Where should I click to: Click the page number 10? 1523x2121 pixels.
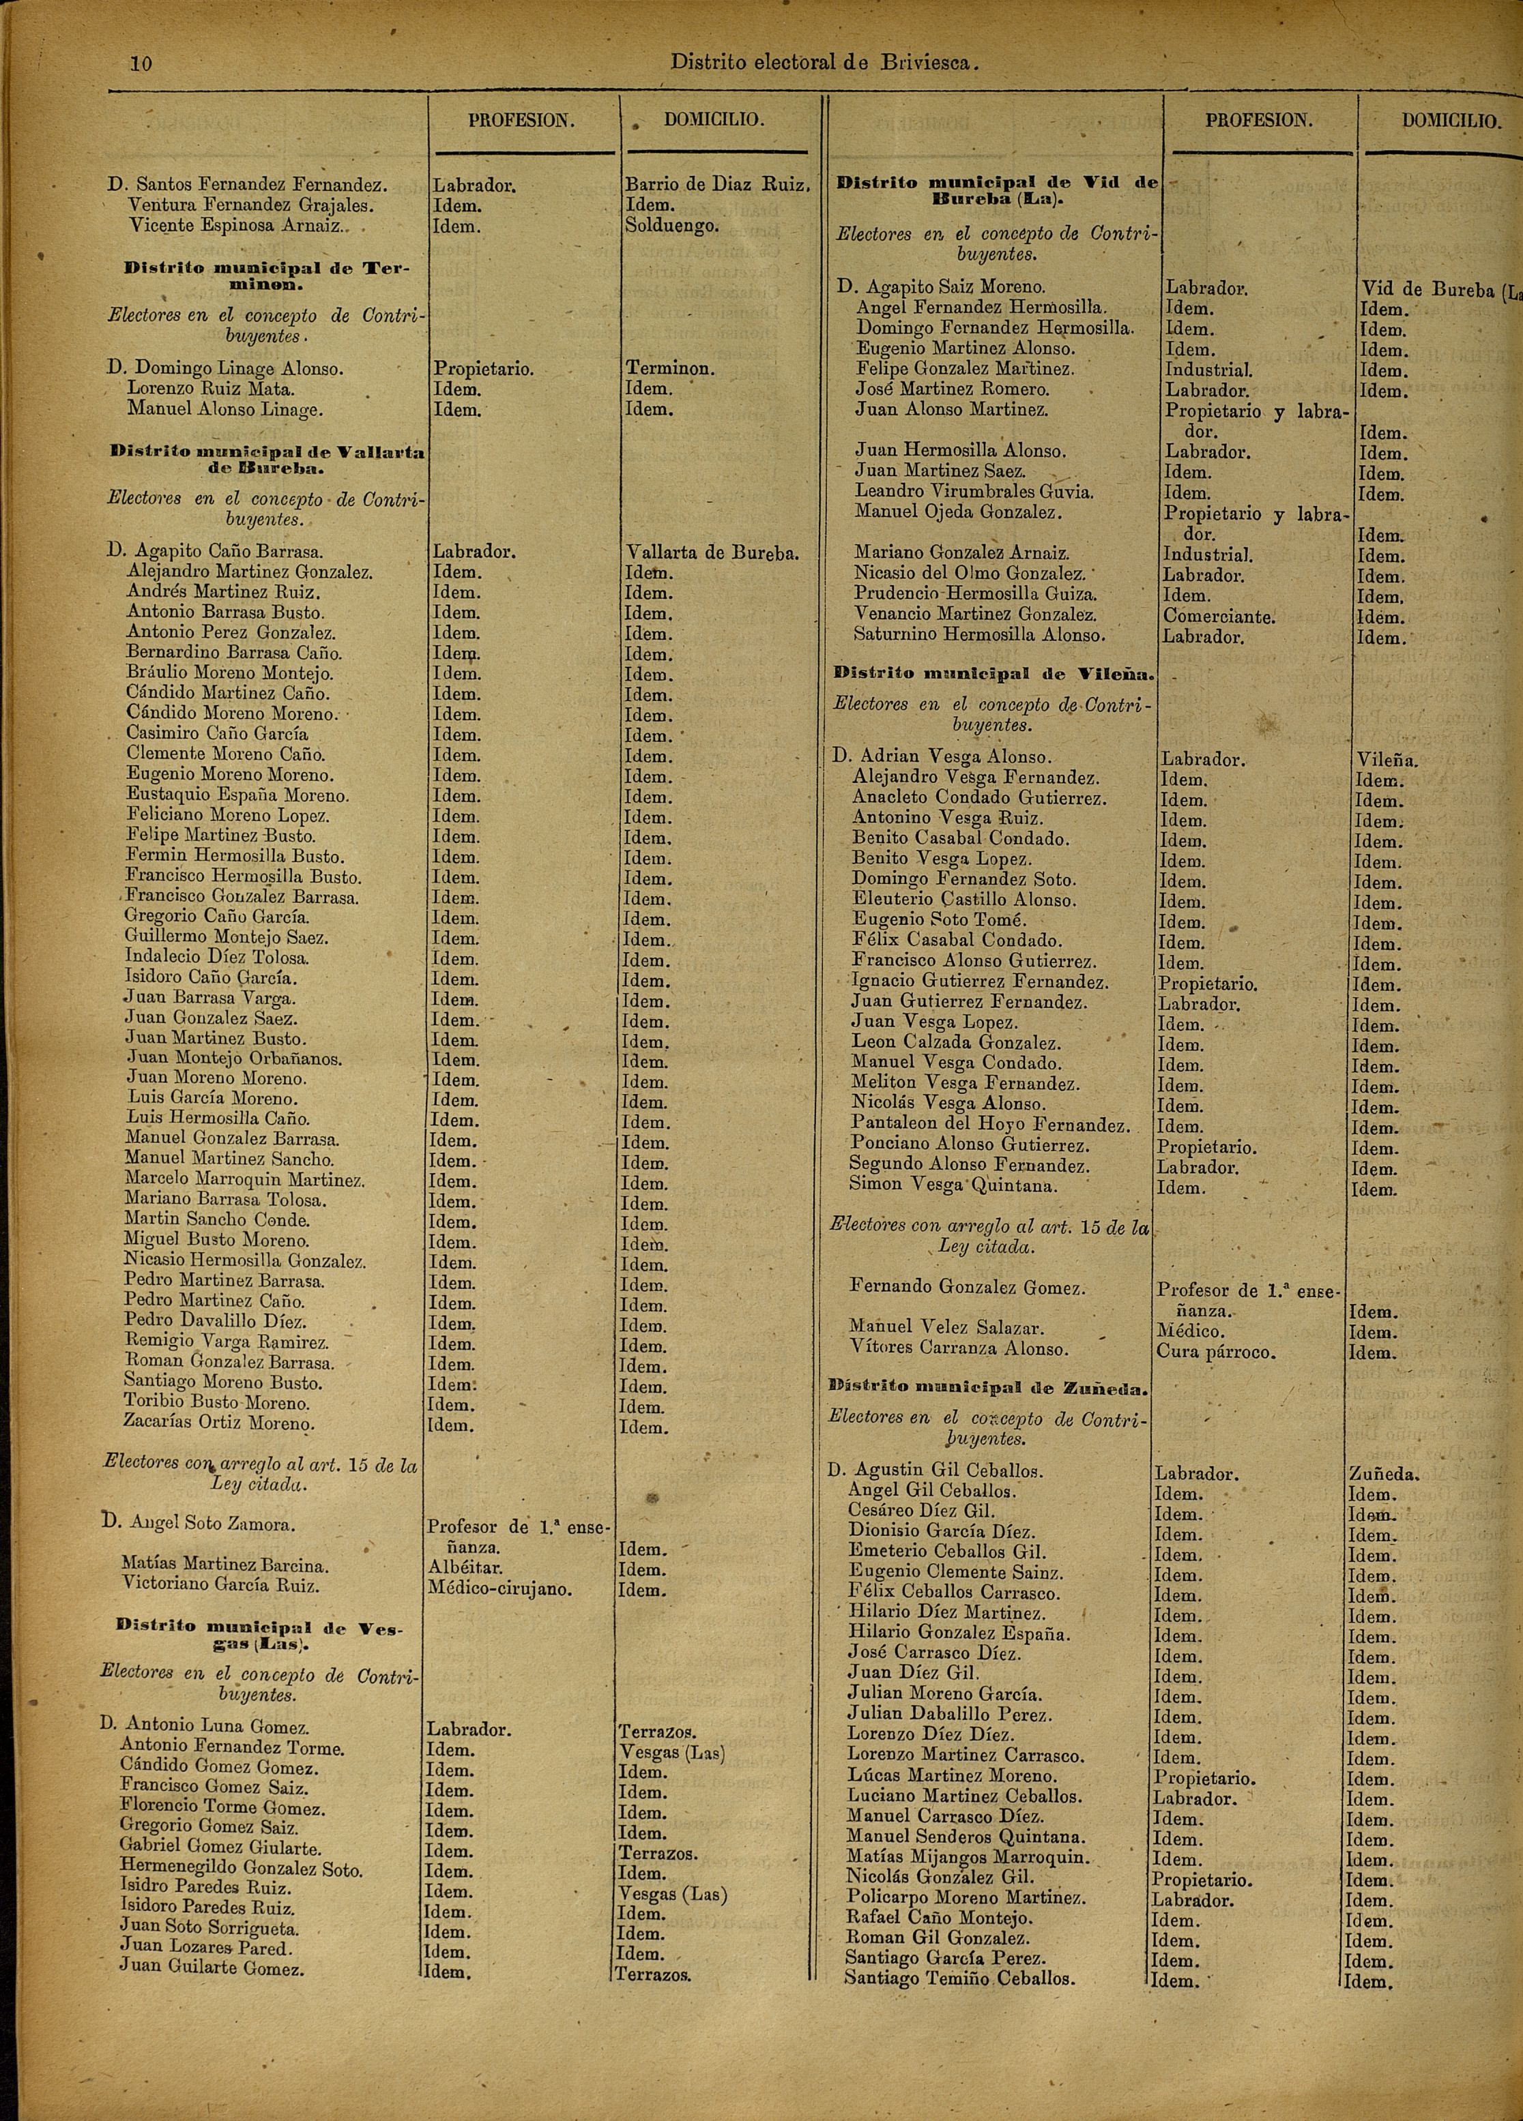coord(141,63)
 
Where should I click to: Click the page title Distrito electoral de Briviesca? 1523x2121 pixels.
coord(824,63)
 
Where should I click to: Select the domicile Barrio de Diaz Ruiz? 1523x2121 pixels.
coord(716,186)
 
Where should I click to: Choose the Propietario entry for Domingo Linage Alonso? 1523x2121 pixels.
coord(482,370)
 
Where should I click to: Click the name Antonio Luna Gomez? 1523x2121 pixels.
coord(217,1725)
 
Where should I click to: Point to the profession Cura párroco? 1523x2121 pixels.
coord(1215,1352)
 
